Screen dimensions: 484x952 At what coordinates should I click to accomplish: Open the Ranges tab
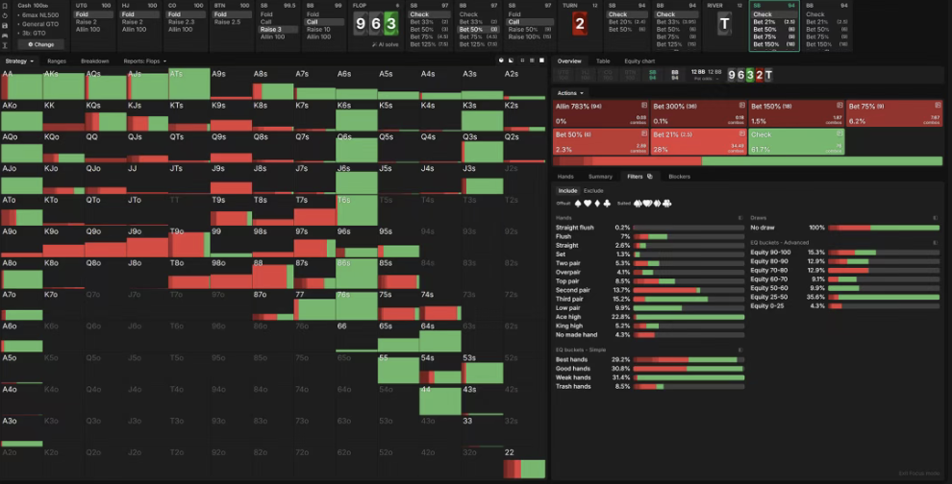tap(57, 60)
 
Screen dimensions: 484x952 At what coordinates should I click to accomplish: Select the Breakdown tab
tap(96, 60)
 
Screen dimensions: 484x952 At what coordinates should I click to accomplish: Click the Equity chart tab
tap(646, 60)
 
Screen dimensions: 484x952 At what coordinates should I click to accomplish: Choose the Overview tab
tap(569, 60)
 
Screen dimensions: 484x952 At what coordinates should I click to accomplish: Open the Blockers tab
tap(679, 176)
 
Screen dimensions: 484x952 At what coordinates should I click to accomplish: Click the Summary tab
tap(600, 176)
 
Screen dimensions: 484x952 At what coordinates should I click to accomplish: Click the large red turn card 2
tap(579, 24)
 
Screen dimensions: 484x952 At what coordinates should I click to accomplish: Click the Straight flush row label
tap(575, 228)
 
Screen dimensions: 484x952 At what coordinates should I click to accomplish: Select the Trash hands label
tap(573, 386)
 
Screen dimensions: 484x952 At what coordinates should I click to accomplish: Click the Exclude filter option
tap(593, 190)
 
